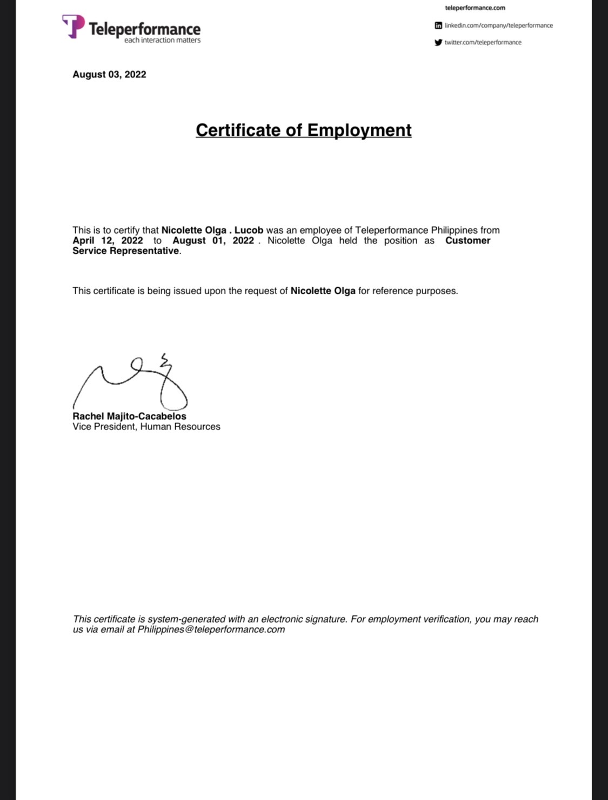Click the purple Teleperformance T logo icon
point(74,26)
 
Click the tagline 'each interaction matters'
point(162,40)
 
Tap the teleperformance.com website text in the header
point(475,8)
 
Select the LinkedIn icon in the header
point(438,25)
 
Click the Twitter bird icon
point(438,42)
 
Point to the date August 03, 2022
point(109,75)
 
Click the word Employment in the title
point(359,130)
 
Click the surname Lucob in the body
point(249,230)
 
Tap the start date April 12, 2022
point(108,241)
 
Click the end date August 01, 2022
point(213,241)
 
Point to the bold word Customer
point(467,241)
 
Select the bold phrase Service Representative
point(125,251)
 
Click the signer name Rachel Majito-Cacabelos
point(129,416)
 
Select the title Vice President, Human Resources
point(146,427)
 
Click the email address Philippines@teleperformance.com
point(211,630)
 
